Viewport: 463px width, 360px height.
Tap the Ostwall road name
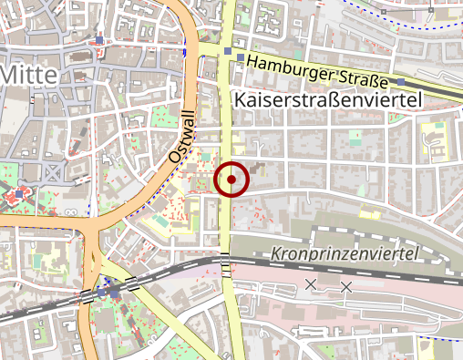point(183,138)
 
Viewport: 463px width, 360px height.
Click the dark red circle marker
point(231,180)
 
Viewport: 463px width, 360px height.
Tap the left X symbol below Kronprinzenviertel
point(311,285)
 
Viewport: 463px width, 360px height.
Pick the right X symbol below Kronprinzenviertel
point(345,287)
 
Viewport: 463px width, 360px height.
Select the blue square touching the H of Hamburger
point(241,59)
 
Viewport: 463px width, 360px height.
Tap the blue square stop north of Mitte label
point(99,39)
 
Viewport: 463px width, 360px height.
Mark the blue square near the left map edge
point(18,194)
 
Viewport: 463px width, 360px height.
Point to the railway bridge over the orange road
point(87,295)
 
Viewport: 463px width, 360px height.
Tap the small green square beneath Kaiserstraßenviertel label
point(356,137)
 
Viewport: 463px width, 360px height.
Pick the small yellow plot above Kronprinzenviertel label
point(369,216)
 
